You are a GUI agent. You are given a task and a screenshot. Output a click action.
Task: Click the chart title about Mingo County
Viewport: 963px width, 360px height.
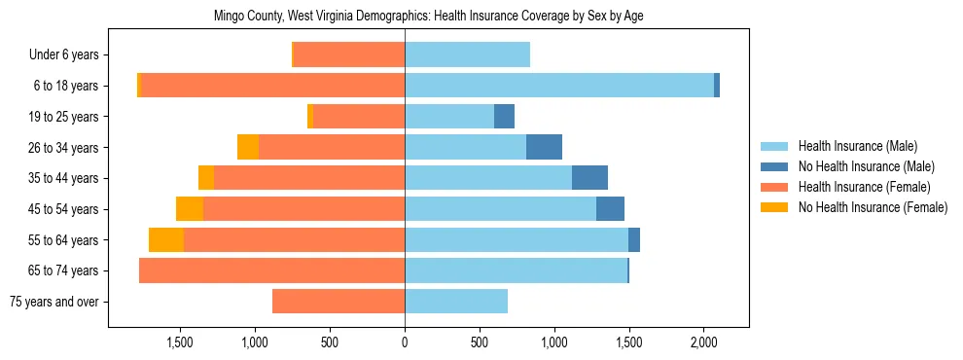click(428, 16)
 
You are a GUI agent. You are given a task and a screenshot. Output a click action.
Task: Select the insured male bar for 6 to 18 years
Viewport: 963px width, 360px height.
click(559, 86)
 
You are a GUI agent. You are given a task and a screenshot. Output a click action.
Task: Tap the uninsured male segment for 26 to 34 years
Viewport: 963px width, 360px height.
click(544, 147)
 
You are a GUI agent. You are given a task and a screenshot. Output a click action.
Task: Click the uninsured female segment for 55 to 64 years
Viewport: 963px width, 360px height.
click(166, 239)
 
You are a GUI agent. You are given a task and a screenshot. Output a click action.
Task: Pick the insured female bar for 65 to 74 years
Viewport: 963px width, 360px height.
click(271, 270)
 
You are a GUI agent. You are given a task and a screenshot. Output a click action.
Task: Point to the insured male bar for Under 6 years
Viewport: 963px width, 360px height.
click(467, 55)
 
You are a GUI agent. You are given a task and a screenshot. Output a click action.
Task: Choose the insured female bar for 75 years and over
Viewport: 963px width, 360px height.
click(339, 302)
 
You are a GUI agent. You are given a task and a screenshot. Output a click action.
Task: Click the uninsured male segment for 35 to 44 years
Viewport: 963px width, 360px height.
click(589, 178)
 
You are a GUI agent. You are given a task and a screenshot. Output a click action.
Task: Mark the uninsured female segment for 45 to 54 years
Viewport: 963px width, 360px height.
click(190, 208)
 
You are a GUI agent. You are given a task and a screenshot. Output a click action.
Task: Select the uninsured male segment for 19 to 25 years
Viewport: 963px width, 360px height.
click(504, 117)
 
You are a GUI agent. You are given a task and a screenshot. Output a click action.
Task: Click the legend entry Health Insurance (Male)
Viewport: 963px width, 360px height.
click(857, 147)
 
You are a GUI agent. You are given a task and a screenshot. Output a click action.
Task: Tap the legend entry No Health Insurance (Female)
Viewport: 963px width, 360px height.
click(873, 207)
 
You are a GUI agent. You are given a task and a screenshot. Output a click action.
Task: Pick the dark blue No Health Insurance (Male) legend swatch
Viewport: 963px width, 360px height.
click(774, 166)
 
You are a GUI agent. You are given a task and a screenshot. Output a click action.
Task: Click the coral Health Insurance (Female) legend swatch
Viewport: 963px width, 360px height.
click(774, 187)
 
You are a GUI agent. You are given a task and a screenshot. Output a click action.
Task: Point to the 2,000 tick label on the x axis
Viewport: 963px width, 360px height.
click(704, 342)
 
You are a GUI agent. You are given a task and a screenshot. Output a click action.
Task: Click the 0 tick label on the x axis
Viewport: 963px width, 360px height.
click(405, 342)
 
